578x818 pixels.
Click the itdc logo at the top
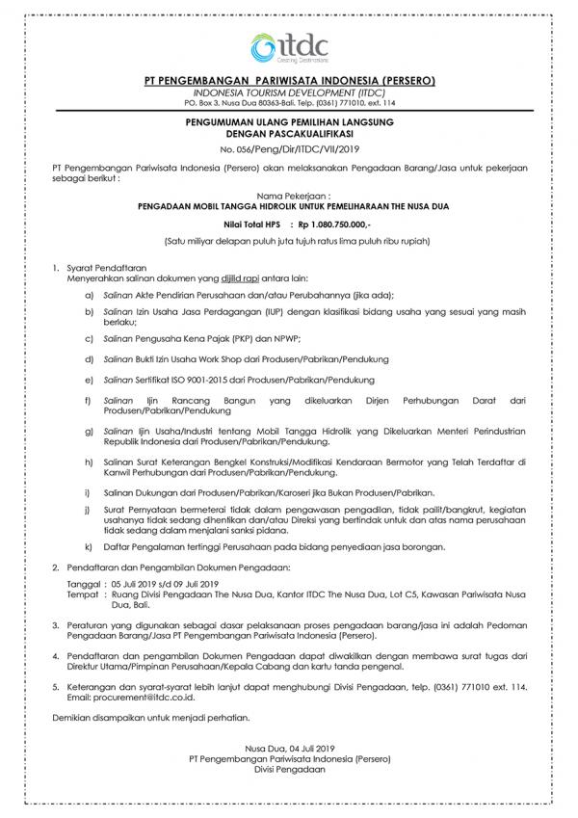tap(288, 45)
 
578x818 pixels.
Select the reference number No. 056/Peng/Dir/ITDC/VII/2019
tap(288, 150)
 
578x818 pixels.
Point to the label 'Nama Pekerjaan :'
tap(288, 194)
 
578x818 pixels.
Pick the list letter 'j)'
tap(89, 508)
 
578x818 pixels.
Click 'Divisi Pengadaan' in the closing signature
tap(288, 771)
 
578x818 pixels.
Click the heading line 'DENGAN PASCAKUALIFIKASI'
tap(288, 134)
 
